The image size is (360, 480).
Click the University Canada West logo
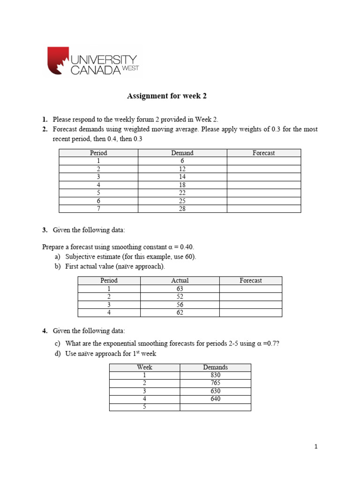coord(93,61)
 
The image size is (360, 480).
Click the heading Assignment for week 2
coord(167,96)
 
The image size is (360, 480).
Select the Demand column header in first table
coord(182,153)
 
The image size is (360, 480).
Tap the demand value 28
coord(182,209)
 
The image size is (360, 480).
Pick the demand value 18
coord(182,185)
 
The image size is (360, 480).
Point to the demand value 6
coord(182,161)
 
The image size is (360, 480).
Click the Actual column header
coord(180,280)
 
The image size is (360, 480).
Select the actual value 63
coord(180,289)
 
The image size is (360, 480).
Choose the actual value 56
coord(180,305)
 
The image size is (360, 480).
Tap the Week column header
coord(144,367)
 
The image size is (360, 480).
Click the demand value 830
coord(215,375)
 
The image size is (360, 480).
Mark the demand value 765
coord(215,383)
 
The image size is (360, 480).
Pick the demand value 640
coord(215,399)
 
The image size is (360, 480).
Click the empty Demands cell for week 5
coord(215,407)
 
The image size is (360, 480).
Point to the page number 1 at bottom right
coord(316,447)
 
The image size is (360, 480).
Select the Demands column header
coord(215,367)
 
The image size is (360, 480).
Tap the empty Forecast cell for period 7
coord(263,209)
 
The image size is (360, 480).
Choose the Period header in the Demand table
coord(98,153)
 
